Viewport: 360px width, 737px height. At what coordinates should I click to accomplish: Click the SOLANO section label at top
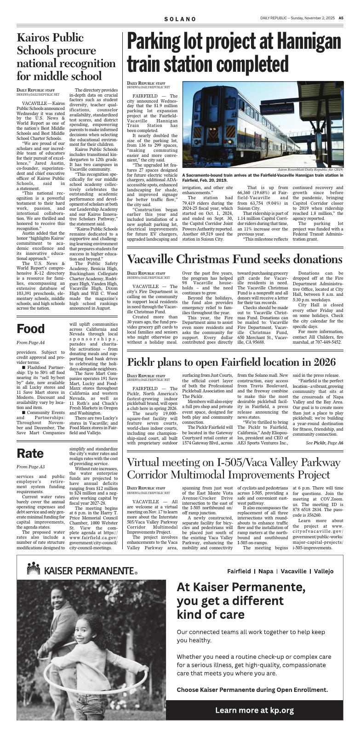point(180,19)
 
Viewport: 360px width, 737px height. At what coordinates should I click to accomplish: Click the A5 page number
point(341,18)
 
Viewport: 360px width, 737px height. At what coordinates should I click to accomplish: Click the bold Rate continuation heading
point(30,453)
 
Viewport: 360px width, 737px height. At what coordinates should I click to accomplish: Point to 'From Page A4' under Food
point(30,343)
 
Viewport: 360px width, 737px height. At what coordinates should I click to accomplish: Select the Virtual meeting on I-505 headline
point(234,469)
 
